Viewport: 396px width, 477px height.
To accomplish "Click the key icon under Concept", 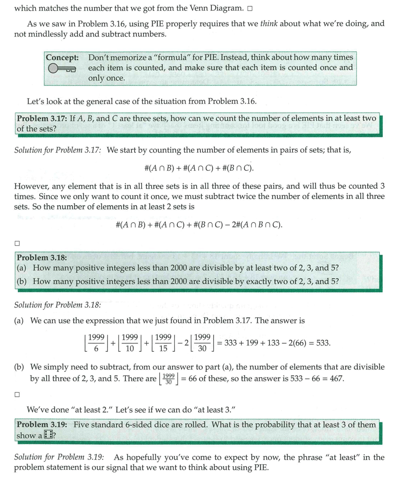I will pos(62,69).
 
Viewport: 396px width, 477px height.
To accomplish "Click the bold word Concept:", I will pos(62,57).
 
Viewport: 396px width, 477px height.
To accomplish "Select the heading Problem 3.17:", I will pos(42,118).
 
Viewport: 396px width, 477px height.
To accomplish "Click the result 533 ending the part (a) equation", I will pos(322,343).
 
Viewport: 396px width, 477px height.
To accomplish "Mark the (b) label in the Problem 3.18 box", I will pos(22,282).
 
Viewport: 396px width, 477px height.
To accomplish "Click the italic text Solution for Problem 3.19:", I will pos(59,457).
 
